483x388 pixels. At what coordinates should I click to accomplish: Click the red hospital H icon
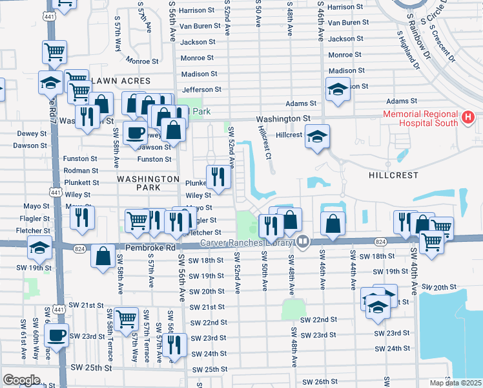point(469,118)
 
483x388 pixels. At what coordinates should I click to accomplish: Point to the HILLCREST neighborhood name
point(393,175)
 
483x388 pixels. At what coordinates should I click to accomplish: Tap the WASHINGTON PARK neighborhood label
point(148,183)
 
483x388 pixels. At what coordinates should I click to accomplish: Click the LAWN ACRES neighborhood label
point(121,81)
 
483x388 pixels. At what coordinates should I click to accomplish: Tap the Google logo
point(21,380)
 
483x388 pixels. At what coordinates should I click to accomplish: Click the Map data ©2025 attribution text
point(455,383)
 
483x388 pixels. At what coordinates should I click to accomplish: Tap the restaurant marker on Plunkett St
point(218,175)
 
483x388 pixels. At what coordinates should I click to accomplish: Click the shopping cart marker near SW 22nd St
point(126,318)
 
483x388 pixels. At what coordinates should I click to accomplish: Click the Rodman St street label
point(81,171)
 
